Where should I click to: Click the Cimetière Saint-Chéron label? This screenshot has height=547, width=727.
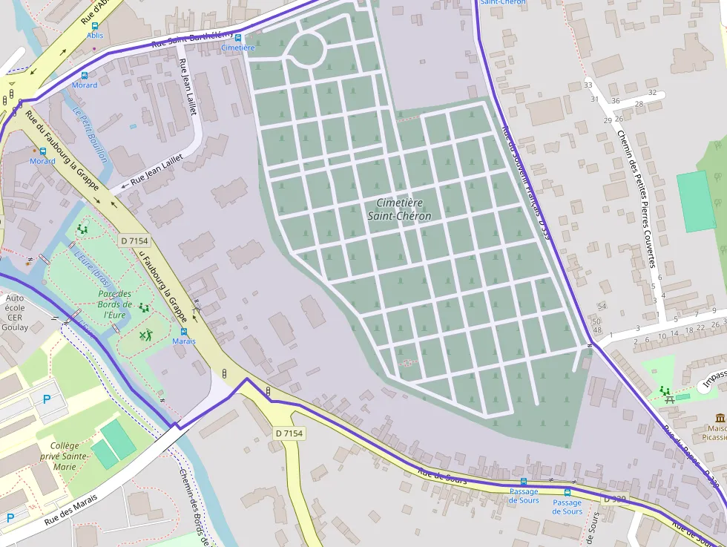tap(399, 209)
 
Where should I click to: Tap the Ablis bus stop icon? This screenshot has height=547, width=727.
tap(95, 25)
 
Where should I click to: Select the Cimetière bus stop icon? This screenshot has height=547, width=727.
tap(238, 37)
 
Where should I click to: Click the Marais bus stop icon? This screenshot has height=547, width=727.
tap(183, 331)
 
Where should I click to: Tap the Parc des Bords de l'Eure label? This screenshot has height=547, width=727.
tap(115, 304)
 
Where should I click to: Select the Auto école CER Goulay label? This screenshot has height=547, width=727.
tap(15, 312)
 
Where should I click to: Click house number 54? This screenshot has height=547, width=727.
tap(602, 307)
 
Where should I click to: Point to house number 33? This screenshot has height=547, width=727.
tap(589, 86)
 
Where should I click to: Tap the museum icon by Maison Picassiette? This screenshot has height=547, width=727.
tap(720, 418)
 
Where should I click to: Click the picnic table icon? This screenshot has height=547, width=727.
tap(670, 399)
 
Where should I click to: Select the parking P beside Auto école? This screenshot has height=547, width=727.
tap(47, 399)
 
